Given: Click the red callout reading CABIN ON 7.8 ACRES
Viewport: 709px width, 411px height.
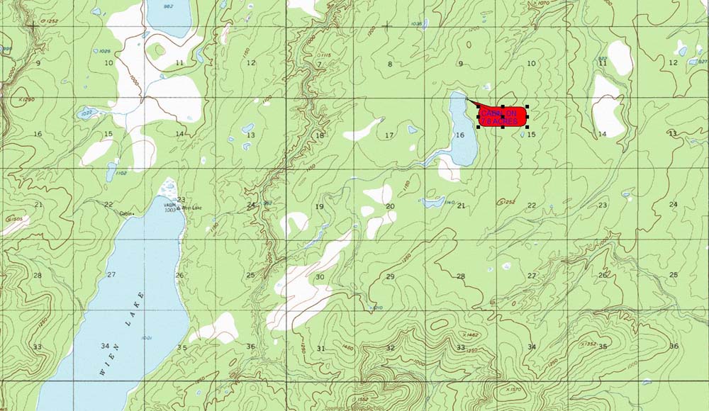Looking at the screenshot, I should [502, 117].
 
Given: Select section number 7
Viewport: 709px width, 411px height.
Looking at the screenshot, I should [319, 64].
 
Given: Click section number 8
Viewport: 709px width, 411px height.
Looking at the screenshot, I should [389, 64].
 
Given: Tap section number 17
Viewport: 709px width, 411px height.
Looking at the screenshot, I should [389, 135].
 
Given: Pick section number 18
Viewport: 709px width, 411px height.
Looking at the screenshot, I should [319, 135].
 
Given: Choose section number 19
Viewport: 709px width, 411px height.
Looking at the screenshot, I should [319, 206].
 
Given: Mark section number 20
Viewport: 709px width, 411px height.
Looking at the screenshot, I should [390, 206].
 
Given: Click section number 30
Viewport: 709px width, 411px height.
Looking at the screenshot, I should [320, 277].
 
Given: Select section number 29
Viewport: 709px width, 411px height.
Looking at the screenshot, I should [390, 276].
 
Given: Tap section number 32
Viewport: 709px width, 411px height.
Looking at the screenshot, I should [390, 348].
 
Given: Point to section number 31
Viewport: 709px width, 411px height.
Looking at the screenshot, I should [320, 348].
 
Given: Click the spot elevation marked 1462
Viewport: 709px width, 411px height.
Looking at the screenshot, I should [469, 334].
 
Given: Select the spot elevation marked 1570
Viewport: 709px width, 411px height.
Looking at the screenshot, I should [514, 389].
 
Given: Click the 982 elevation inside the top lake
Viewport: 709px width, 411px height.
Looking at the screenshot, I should [168, 6].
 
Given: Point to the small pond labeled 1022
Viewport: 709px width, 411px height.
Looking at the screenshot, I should [86, 113].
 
